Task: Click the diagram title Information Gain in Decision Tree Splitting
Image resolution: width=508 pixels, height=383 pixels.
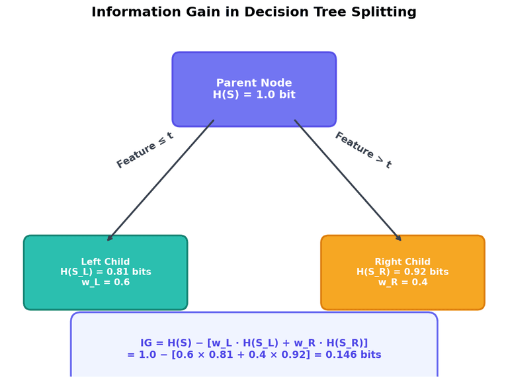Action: [254, 13]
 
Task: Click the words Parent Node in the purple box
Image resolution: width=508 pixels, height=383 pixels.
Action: [254, 83]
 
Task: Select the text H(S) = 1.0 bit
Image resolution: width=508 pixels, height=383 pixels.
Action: [254, 95]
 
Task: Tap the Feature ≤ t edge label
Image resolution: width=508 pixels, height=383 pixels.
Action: [145, 150]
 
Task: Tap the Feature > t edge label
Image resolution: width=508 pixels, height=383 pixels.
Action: [363, 150]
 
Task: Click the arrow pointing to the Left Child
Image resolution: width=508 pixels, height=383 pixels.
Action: [161, 180]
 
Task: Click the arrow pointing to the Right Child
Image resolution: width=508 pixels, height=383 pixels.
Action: [348, 180]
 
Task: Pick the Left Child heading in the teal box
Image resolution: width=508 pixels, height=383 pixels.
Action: [106, 262]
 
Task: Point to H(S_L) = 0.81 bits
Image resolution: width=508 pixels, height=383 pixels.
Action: [106, 272]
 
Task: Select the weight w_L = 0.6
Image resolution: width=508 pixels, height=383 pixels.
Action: [106, 282]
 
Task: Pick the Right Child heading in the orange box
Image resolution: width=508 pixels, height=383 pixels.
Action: [402, 262]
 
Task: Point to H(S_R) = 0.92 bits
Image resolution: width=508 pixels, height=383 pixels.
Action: [402, 272]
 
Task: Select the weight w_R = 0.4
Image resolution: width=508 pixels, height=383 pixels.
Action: [402, 282]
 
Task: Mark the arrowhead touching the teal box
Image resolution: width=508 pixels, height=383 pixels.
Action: [110, 237]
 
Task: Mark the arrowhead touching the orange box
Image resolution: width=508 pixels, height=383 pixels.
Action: [398, 237]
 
